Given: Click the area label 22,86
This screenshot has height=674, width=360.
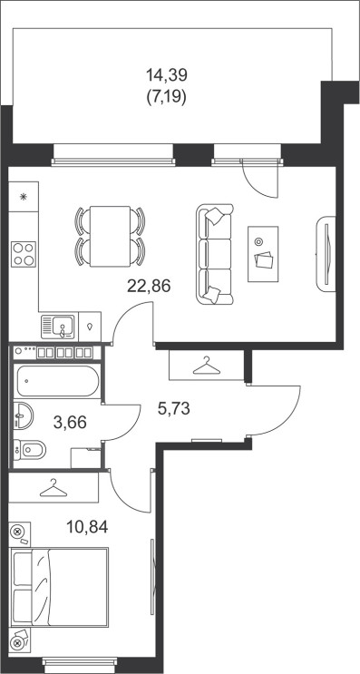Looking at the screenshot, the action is pyautogui.click(x=149, y=285).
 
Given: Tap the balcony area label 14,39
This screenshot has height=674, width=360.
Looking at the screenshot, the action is pyautogui.click(x=167, y=75).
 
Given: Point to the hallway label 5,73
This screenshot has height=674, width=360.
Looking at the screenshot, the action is pyautogui.click(x=174, y=409).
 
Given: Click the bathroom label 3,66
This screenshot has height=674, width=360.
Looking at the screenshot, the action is pyautogui.click(x=70, y=423).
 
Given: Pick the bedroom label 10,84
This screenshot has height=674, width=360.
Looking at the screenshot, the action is pyautogui.click(x=87, y=526).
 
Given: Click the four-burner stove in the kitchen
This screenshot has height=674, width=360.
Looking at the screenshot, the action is pyautogui.click(x=24, y=255).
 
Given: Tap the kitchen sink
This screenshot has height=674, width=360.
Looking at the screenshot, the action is pyautogui.click(x=58, y=327).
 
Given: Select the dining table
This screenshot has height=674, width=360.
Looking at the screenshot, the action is pyautogui.click(x=110, y=237).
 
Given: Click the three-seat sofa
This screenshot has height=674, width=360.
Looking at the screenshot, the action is pyautogui.click(x=215, y=254).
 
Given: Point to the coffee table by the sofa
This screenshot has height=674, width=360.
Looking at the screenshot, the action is pyautogui.click(x=263, y=254).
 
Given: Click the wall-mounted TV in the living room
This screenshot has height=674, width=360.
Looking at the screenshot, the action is pyautogui.click(x=326, y=254).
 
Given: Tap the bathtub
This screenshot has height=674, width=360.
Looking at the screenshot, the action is pyautogui.click(x=58, y=381).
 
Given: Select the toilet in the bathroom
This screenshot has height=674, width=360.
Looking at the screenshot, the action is pyautogui.click(x=29, y=450).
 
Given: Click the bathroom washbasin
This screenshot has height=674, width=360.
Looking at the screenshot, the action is pyautogui.click(x=23, y=415).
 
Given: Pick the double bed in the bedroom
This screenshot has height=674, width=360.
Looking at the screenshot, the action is pyautogui.click(x=58, y=587).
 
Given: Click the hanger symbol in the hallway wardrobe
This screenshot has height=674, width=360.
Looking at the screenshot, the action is pyautogui.click(x=206, y=366).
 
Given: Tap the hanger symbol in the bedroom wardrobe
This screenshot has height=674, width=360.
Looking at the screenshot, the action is pyautogui.click(x=54, y=488).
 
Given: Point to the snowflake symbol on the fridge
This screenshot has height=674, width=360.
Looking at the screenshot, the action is pyautogui.click(x=24, y=197).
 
